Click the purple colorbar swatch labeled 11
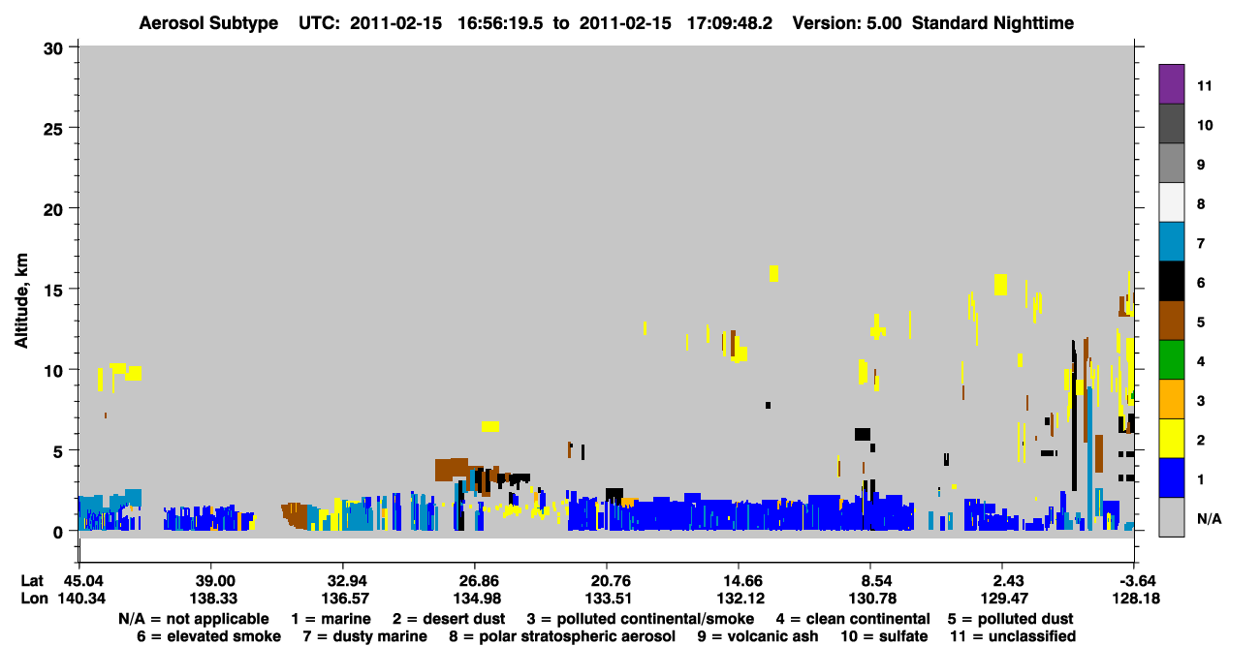point(1171,83)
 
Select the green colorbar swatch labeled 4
point(1171,359)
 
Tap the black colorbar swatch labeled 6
point(1171,281)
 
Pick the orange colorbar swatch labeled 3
point(1171,399)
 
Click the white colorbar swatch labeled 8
point(1171,201)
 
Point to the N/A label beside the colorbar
point(1209,518)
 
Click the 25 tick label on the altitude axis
point(53,130)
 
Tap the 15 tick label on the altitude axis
point(53,291)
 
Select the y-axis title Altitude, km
point(21,301)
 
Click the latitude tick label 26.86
point(477,580)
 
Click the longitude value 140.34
point(81,599)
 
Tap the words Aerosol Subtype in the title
point(208,23)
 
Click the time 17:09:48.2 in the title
point(730,23)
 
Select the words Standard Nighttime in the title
point(992,23)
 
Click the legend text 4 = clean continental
point(853,619)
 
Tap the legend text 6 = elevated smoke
point(208,636)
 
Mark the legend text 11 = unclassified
point(1013,636)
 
